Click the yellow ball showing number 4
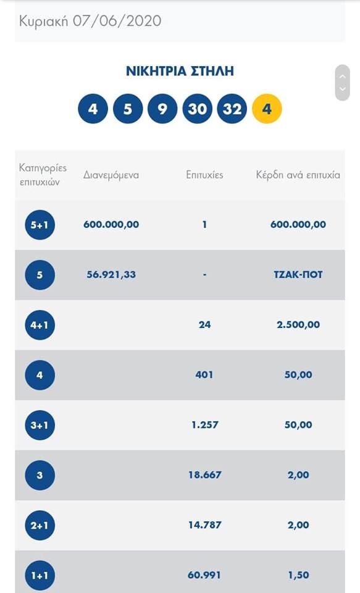tap(267, 109)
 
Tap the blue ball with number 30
tap(198, 109)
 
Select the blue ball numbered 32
tap(232, 109)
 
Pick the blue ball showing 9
tap(162, 109)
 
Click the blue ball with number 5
tap(128, 109)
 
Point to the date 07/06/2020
tap(117, 20)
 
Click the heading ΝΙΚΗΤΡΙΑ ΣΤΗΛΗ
tap(180, 71)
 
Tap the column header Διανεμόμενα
tap(111, 175)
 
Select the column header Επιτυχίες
tap(204, 175)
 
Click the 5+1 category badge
tap(40, 225)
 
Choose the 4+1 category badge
tap(40, 326)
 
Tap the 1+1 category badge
tap(40, 576)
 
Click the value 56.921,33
tap(111, 274)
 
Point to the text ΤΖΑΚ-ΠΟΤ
tap(298, 274)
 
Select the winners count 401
tap(204, 375)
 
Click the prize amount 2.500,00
tap(298, 324)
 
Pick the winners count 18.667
tap(204, 475)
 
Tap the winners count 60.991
tap(204, 575)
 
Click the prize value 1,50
tap(298, 575)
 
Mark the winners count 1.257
tap(204, 425)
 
